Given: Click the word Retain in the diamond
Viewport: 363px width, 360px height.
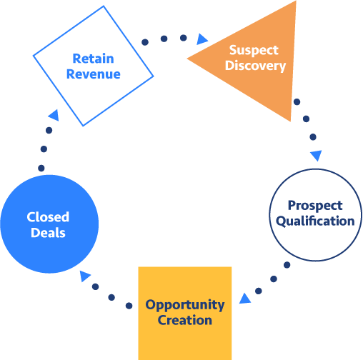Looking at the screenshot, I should click(x=93, y=59).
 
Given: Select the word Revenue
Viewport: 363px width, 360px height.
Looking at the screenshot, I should click(x=93, y=74).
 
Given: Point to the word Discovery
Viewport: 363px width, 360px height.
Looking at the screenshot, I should click(x=257, y=66).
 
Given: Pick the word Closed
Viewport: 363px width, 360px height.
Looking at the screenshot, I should click(x=48, y=217).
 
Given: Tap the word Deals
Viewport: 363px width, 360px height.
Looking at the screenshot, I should click(x=48, y=232).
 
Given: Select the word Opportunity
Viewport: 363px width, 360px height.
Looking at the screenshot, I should click(x=185, y=305).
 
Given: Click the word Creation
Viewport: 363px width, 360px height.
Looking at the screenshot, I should click(x=185, y=320).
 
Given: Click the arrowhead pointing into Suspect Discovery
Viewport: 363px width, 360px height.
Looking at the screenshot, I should click(x=202, y=39).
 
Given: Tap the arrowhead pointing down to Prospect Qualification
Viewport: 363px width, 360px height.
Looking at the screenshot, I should click(x=316, y=155).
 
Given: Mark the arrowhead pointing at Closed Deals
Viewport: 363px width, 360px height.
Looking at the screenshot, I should click(x=85, y=276).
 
